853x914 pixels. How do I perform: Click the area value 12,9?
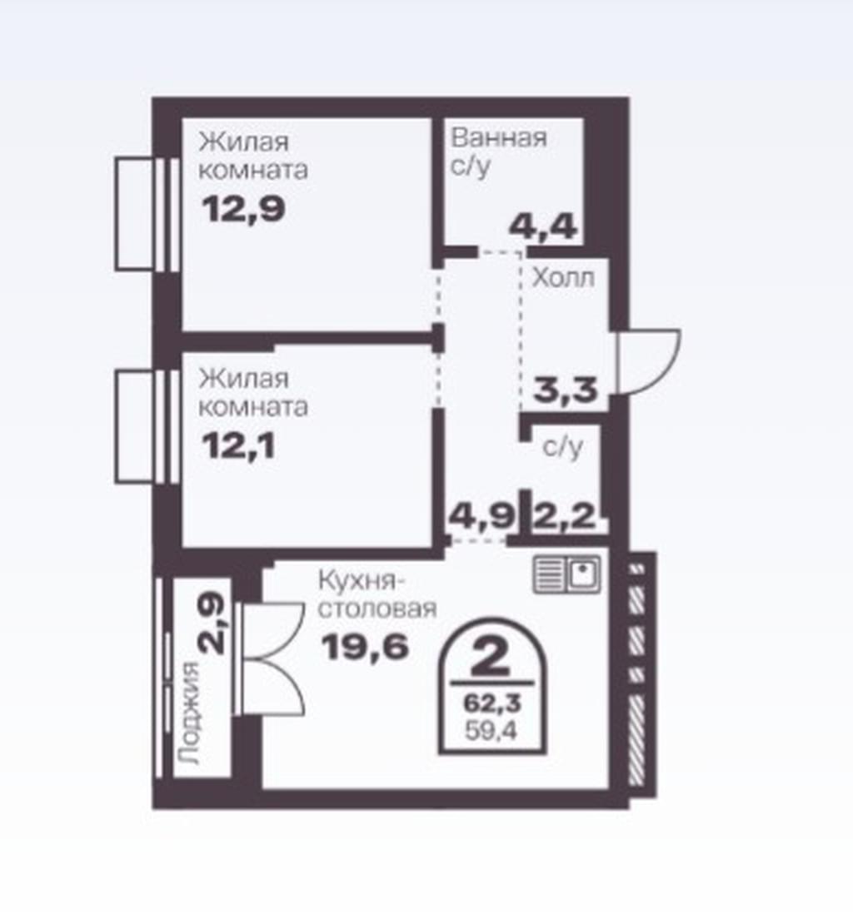[243, 209]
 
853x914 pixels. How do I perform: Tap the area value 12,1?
[238, 446]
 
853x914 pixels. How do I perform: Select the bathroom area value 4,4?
[543, 226]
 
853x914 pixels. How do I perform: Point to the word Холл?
[563, 278]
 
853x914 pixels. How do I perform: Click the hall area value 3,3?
[566, 390]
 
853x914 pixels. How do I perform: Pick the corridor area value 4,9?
[482, 516]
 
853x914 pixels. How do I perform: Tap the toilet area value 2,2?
[564, 516]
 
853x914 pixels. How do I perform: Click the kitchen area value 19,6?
[365, 647]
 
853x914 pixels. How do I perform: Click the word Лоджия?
[190, 713]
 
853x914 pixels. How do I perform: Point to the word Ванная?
[499, 138]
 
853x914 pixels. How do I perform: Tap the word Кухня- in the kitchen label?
[362, 581]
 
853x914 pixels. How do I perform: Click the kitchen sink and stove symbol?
[566, 574]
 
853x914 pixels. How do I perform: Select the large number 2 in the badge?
[491, 656]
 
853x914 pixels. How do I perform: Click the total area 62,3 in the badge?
[491, 703]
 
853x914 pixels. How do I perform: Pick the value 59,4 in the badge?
[491, 730]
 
